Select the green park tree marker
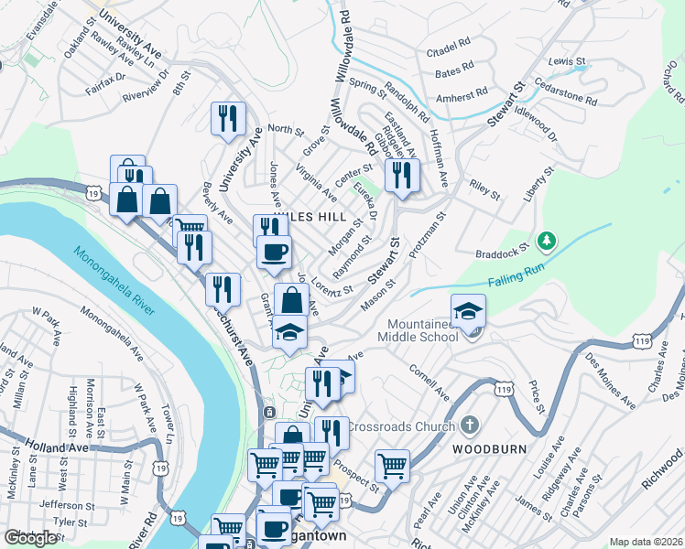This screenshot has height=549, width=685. click(x=547, y=240)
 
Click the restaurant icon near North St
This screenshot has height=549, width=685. click(x=226, y=118)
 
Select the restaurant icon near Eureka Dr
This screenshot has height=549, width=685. click(x=402, y=173)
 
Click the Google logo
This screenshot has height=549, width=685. click(x=31, y=538)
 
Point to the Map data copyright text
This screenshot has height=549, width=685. click(x=646, y=542)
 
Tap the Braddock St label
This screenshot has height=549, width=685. click(x=503, y=252)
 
